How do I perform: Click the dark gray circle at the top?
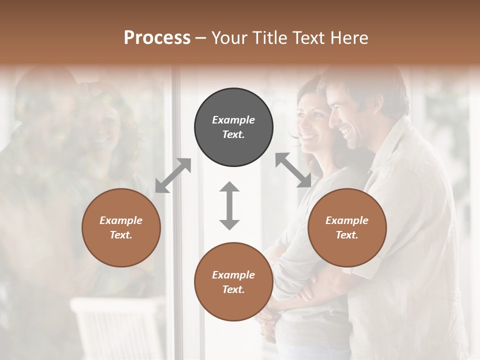tap(233, 127)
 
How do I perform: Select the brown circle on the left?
tap(121, 227)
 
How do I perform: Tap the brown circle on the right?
tap(347, 227)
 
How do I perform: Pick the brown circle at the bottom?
tap(233, 282)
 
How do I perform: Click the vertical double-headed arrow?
tap(229, 205)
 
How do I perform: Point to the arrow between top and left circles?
tap(173, 175)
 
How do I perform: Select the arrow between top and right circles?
tap(293, 170)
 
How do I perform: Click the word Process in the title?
tap(157, 37)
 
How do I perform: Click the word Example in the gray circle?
tap(233, 120)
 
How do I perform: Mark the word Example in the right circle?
tap(347, 220)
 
